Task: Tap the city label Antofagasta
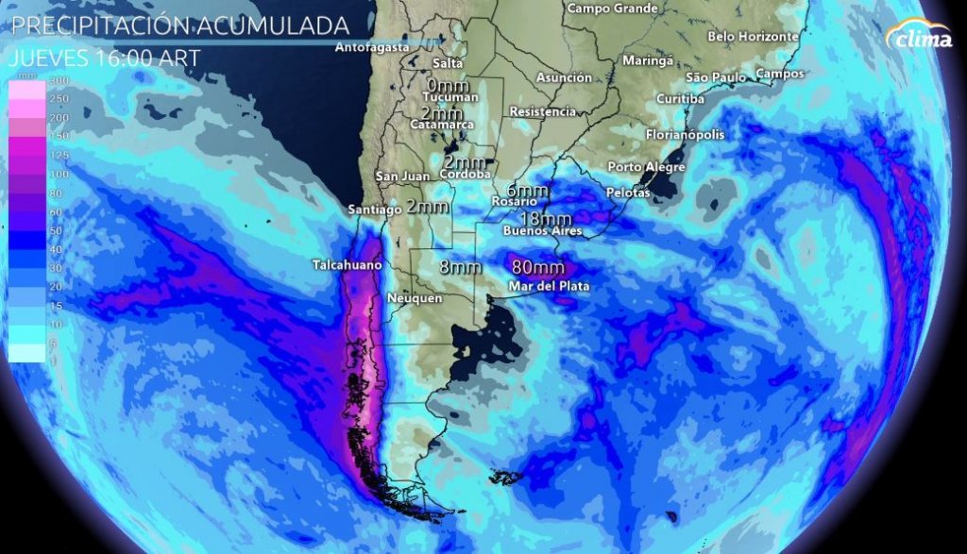[x=373, y=46]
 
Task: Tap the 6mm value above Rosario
[x=527, y=190]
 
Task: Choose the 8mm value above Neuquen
[x=461, y=267]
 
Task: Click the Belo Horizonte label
[x=753, y=37]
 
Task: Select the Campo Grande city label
[x=612, y=8]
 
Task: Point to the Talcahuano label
[x=347, y=266]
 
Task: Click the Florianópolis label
[x=685, y=135]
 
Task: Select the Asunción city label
[x=564, y=77]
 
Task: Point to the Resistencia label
[x=542, y=111]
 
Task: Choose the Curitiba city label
[x=680, y=99]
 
